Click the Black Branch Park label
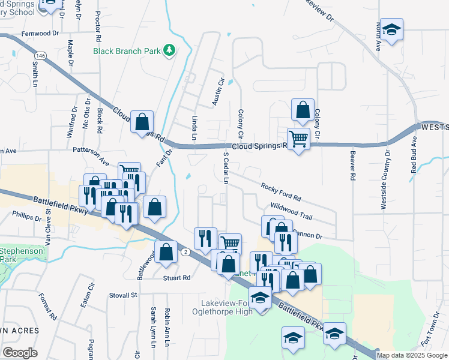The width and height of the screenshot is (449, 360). coord(127,51)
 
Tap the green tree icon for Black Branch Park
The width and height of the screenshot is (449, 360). coord(170,50)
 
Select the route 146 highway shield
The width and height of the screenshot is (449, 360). coord(40,55)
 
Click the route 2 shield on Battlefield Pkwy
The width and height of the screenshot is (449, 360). coord(187,253)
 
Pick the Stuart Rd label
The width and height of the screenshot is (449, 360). coord(178,278)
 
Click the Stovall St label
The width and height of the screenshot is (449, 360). coord(124,295)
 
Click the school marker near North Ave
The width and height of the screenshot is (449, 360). coord(392,30)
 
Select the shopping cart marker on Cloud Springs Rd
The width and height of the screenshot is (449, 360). coord(298,140)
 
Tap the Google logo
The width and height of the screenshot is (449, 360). coord(20,353)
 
